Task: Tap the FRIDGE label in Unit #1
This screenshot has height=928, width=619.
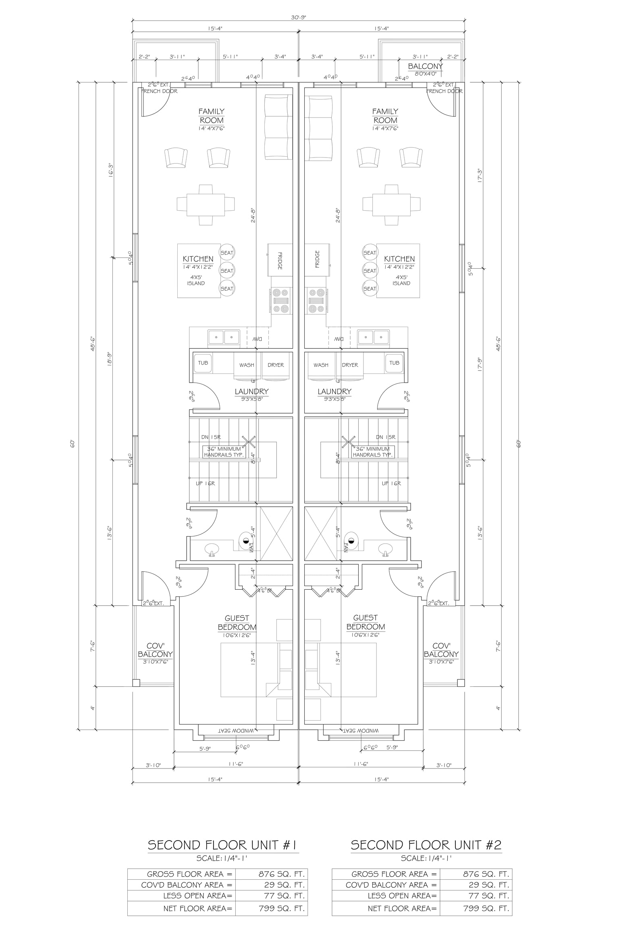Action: coord(280,260)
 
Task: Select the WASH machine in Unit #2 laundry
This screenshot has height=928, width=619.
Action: coord(321,365)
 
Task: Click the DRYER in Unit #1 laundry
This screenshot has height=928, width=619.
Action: coord(276,365)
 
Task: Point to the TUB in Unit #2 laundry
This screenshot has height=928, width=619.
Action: coord(394,363)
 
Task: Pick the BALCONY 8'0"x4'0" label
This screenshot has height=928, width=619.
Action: coord(425,69)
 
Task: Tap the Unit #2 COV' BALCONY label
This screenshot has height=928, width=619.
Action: coord(441,654)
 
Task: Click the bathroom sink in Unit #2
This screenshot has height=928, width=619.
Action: coord(386,549)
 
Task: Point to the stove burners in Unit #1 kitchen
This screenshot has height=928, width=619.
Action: coord(281,300)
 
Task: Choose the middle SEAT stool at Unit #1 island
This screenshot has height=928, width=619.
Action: coord(227,271)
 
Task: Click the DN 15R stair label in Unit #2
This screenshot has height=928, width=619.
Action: coord(385,437)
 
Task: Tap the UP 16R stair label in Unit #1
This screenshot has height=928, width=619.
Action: coord(205,483)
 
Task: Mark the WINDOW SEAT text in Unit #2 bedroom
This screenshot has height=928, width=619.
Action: coord(361,730)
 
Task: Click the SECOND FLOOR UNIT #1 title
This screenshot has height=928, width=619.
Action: coord(223,845)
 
